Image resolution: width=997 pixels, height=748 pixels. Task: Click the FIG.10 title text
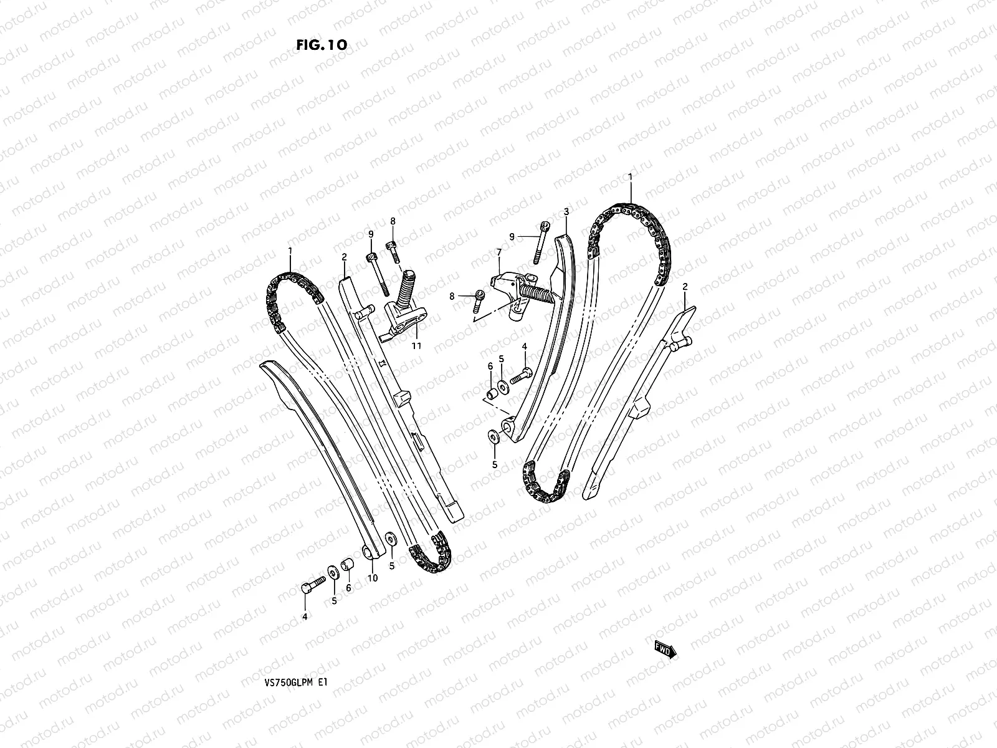(x=322, y=45)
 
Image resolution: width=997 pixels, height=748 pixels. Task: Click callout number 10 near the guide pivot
(x=373, y=578)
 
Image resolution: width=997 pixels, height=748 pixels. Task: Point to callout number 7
(x=499, y=252)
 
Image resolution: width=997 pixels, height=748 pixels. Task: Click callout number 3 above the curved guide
(x=566, y=212)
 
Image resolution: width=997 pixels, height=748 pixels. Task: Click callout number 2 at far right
(x=685, y=287)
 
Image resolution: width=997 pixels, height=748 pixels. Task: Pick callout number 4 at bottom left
(x=305, y=616)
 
